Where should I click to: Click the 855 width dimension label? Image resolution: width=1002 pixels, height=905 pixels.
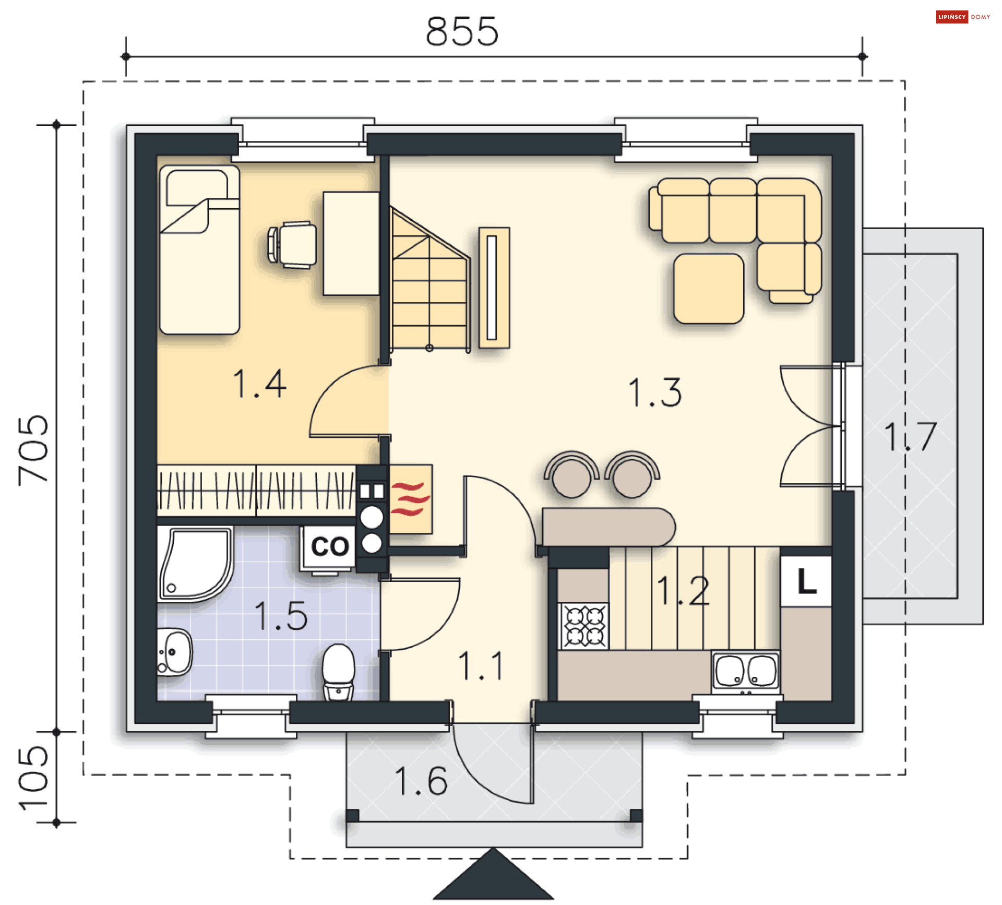[x=462, y=31]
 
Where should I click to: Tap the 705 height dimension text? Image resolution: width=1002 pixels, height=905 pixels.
[x=33, y=450]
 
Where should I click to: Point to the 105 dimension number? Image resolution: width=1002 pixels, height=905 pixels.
[x=33, y=778]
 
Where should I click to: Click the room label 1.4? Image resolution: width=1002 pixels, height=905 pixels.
[x=259, y=384]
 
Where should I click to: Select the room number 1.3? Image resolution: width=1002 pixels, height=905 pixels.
[x=655, y=392]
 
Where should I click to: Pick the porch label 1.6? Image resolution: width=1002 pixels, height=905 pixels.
[x=421, y=781]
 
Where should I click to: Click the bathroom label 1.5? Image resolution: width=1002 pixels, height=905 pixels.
[x=281, y=615]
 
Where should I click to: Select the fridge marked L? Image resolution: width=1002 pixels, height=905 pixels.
[x=806, y=580]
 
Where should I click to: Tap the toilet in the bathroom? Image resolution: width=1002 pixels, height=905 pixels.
[x=338, y=672]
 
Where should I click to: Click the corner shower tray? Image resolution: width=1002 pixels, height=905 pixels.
[x=195, y=564]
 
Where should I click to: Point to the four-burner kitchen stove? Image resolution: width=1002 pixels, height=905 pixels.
[x=583, y=626]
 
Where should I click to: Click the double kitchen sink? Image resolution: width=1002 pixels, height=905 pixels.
[x=746, y=672]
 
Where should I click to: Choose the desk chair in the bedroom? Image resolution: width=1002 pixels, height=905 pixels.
[x=292, y=244]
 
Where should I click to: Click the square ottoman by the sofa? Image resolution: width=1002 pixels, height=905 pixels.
[x=709, y=289]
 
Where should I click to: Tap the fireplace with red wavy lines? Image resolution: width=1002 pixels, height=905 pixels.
[x=411, y=499]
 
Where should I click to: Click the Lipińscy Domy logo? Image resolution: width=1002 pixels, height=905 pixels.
[x=963, y=17]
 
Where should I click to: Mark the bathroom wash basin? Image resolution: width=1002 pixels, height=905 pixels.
[x=174, y=652]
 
